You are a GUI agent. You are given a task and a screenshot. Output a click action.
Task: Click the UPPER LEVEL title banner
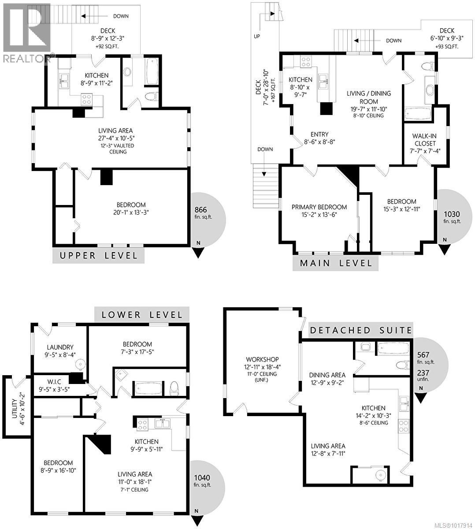click(x=98, y=256)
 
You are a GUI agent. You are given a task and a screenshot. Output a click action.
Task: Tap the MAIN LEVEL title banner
click(x=336, y=263)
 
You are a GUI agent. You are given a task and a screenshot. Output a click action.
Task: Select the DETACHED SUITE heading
click(x=361, y=330)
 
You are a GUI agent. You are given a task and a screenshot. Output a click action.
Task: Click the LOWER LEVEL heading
click(x=142, y=314)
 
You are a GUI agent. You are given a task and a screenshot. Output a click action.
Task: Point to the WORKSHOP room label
click(x=262, y=360)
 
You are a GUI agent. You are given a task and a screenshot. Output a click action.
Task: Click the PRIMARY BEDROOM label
click(x=319, y=207)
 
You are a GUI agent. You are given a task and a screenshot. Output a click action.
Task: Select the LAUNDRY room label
click(x=59, y=347)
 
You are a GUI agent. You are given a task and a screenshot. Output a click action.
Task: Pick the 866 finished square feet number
click(x=200, y=210)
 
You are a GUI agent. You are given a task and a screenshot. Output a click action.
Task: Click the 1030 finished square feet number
click(x=452, y=214)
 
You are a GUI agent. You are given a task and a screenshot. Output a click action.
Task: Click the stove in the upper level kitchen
click(x=86, y=100)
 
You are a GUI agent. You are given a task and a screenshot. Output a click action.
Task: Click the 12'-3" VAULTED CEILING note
click(x=115, y=149)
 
